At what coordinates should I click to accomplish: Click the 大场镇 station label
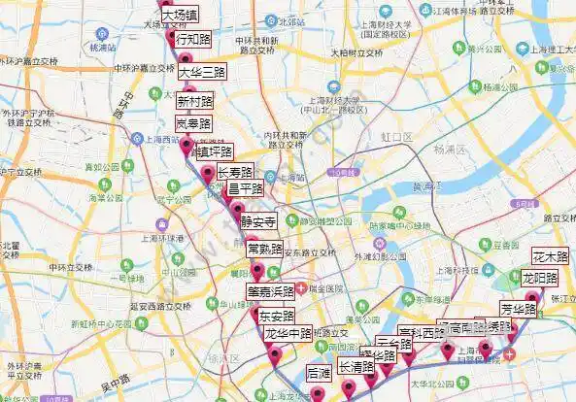180,16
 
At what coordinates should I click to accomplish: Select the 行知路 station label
191,40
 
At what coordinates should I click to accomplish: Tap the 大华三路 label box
201,72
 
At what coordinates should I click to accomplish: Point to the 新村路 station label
195,100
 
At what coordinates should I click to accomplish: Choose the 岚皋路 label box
192,124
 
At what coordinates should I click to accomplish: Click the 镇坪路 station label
214,151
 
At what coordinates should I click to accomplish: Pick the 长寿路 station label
235,173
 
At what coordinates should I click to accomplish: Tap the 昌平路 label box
246,189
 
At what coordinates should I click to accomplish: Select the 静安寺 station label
258,220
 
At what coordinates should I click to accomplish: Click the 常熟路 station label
266,248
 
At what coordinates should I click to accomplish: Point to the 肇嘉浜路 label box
270,291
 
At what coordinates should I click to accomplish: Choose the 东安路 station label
276,316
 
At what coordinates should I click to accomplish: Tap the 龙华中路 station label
288,334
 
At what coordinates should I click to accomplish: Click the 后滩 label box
319,373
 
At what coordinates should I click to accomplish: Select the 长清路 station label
356,368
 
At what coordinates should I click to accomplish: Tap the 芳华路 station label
519,310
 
